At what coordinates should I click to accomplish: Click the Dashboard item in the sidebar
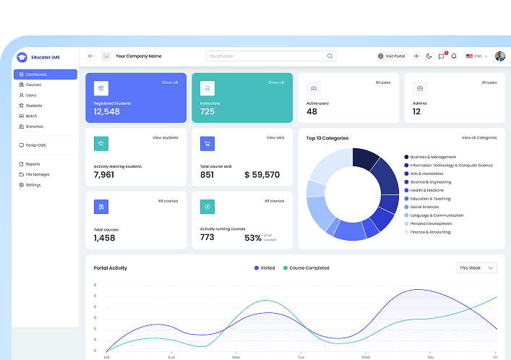pos(45,74)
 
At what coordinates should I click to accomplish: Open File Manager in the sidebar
pos(38,174)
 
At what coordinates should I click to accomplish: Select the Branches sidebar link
pos(34,127)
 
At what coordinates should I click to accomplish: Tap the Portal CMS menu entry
pos(35,145)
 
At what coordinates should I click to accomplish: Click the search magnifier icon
pos(330,56)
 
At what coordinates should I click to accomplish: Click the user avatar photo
pos(500,56)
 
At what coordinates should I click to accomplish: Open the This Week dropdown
pos(477,268)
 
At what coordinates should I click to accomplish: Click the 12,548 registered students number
pos(107,111)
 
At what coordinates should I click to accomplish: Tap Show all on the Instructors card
pos(275,82)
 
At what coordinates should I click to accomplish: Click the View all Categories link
pos(479,137)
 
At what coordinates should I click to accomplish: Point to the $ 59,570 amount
pos(262,175)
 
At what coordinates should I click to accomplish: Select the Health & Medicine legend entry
pos(427,190)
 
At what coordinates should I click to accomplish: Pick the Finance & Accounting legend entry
pos(430,232)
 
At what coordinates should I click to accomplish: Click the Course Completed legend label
pos(309,268)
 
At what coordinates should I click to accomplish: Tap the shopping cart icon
pos(207,143)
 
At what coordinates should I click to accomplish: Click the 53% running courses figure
pos(253,238)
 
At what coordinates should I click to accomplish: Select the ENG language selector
pos(477,56)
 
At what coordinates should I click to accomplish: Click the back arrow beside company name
pos(91,56)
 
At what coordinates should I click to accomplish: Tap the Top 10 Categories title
pos(327,137)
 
